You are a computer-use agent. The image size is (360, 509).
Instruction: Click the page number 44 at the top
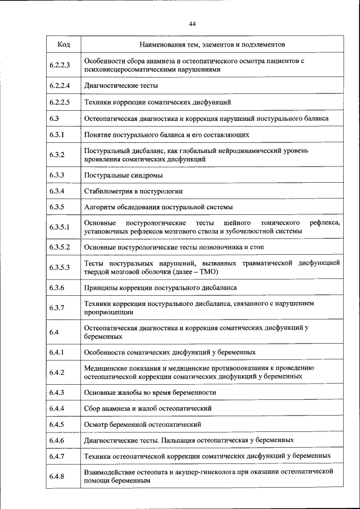[192, 24]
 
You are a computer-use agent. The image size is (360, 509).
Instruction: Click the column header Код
[64, 44]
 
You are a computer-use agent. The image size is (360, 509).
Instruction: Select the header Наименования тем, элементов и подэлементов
[212, 44]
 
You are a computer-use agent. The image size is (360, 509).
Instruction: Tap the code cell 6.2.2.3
[59, 65]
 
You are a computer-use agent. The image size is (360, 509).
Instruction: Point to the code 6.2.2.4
[59, 86]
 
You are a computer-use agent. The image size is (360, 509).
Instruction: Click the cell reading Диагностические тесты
[120, 86]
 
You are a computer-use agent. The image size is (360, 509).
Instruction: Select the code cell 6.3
[54, 119]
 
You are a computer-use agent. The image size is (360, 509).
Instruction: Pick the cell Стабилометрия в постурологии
[133, 191]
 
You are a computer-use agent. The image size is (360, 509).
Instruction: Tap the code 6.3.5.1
[59, 227]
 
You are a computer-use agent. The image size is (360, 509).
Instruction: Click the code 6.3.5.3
[59, 267]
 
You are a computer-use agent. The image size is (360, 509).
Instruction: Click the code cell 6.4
[54, 332]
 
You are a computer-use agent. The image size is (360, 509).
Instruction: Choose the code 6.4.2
[57, 372]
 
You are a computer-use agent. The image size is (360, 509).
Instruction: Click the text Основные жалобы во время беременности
[150, 392]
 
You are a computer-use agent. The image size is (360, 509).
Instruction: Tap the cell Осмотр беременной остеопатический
[142, 424]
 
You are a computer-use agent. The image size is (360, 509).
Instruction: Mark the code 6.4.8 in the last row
[57, 476]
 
